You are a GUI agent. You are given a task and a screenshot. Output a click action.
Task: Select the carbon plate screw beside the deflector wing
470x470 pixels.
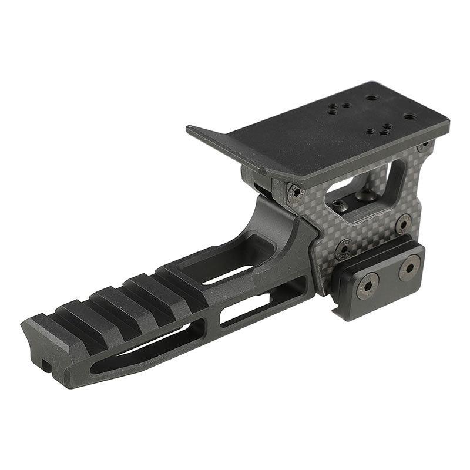(x=294, y=192)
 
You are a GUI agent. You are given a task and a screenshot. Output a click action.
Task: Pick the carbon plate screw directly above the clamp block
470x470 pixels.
(x=402, y=224)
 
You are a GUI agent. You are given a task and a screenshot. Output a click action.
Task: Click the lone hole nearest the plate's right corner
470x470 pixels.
(x=408, y=117)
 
